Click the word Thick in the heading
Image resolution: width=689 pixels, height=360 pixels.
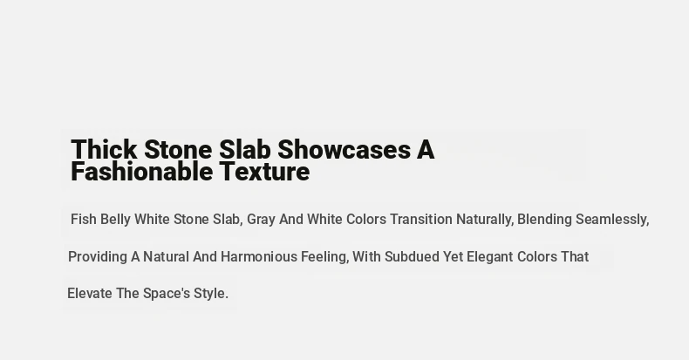coord(104,149)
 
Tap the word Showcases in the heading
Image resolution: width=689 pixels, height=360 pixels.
coord(344,149)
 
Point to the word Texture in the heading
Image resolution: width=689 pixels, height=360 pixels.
coord(265,171)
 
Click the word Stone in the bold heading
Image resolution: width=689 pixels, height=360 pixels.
coord(178,149)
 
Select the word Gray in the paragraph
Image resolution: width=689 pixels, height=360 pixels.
coord(261,220)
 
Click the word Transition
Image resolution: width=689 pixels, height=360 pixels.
coord(421,219)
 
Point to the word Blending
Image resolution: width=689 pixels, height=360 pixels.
coord(544,220)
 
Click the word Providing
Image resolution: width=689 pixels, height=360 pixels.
coord(98,257)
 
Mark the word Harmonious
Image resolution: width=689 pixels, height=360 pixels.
coord(259,256)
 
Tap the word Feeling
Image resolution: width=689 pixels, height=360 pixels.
coord(324,257)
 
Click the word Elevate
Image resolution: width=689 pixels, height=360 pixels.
coord(90,293)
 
